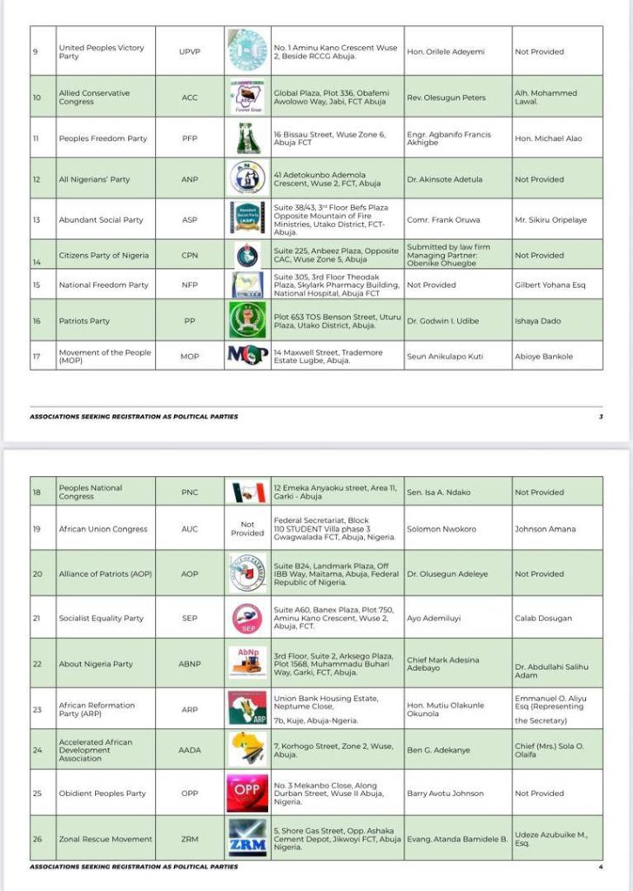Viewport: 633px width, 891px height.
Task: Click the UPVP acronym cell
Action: tap(190, 51)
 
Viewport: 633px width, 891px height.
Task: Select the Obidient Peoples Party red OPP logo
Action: tap(247, 793)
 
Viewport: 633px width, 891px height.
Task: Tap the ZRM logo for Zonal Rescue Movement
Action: tap(247, 839)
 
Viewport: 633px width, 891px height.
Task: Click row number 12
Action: tap(37, 179)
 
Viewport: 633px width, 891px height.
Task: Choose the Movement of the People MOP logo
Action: tap(247, 355)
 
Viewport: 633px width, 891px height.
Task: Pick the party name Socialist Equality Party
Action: tap(101, 618)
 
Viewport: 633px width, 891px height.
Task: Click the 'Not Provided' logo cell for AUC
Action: tap(247, 529)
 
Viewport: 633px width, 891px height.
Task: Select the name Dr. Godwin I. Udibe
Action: tap(443, 321)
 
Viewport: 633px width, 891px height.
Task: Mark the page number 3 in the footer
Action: tap(601, 417)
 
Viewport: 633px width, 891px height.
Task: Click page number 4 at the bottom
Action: tap(601, 867)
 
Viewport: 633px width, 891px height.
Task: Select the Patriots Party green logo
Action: tap(247, 320)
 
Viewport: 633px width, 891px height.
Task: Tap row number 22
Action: tap(37, 664)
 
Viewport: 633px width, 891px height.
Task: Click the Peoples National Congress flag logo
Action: tap(247, 492)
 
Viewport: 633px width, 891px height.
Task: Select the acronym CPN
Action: tap(190, 256)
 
